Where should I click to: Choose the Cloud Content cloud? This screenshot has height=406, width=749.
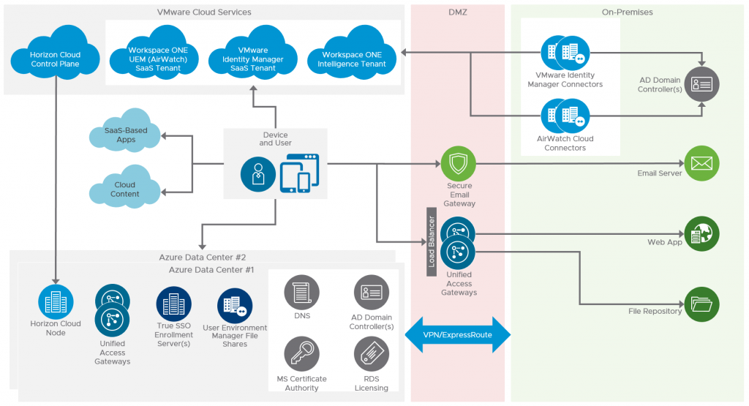pyautogui.click(x=125, y=187)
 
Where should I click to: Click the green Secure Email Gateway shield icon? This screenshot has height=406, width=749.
pyautogui.click(x=458, y=165)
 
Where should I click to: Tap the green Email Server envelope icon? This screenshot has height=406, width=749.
pyautogui.click(x=701, y=164)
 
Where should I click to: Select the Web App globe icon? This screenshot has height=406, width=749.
pyautogui.click(x=701, y=234)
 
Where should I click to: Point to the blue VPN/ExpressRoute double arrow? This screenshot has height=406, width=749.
pyautogui.click(x=457, y=334)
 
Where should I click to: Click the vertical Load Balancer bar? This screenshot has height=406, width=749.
pyautogui.click(x=432, y=241)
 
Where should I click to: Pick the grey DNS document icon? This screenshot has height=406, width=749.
pyautogui.click(x=301, y=293)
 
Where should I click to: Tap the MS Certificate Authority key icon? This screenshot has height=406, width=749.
pyautogui.click(x=301, y=355)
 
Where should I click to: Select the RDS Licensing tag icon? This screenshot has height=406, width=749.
pyautogui.click(x=372, y=355)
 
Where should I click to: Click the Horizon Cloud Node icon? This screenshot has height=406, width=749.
pyautogui.click(x=56, y=301)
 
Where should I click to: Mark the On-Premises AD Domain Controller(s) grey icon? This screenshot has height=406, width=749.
pyautogui.click(x=701, y=84)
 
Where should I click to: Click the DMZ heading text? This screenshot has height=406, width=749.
pyautogui.click(x=457, y=12)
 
